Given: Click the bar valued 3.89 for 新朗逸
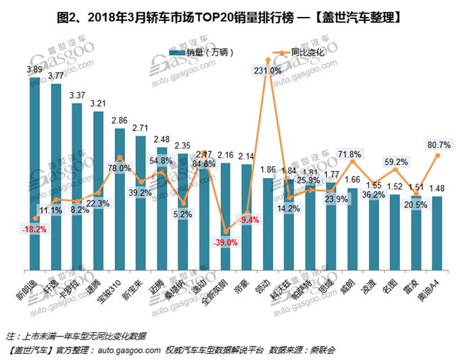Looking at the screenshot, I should click(x=35, y=176).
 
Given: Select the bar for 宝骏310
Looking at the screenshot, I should click(x=120, y=203).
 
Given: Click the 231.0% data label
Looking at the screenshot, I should click(x=268, y=70).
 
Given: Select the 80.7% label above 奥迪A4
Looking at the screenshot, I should click(x=439, y=144).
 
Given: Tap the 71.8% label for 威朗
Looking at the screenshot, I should click(x=353, y=155).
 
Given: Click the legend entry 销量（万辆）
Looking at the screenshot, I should click(x=202, y=52).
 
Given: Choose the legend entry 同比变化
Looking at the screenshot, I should click(x=301, y=52).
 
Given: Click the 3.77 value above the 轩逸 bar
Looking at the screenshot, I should click(x=56, y=76).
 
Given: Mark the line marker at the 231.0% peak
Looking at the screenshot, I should click(x=268, y=59).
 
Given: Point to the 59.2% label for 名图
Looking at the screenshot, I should click(x=395, y=162).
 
